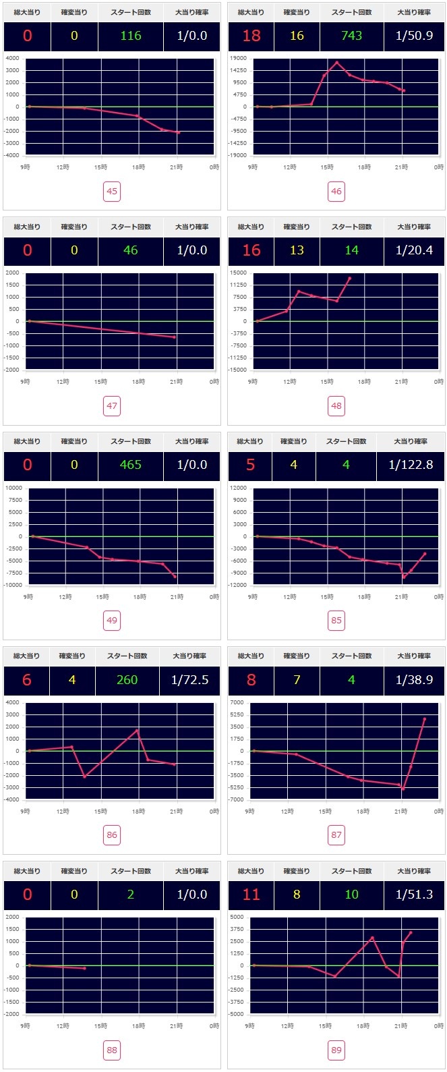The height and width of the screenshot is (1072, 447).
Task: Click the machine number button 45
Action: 112,192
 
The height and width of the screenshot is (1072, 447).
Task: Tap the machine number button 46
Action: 336,192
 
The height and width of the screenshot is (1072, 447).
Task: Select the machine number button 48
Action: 336,406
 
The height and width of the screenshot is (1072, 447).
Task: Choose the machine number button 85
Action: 336,621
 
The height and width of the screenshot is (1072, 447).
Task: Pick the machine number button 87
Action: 336,835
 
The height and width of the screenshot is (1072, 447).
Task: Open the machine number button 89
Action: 336,1050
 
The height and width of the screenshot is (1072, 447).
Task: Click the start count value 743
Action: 352,36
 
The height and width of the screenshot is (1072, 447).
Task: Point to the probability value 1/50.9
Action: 414,36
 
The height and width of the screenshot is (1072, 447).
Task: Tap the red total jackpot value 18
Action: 251,36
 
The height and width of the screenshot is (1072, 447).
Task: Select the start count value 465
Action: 131,465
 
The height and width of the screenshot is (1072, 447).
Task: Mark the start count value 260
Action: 127,680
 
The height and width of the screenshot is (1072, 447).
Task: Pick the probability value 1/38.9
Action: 414,680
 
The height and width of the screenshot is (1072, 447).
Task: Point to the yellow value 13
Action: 297,250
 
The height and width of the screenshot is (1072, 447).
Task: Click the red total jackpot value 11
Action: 251,895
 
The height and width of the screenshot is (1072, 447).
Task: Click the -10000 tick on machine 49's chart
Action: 13,585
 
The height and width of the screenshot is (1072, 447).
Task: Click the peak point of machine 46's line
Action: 336,63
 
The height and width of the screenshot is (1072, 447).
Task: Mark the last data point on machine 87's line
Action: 424,719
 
